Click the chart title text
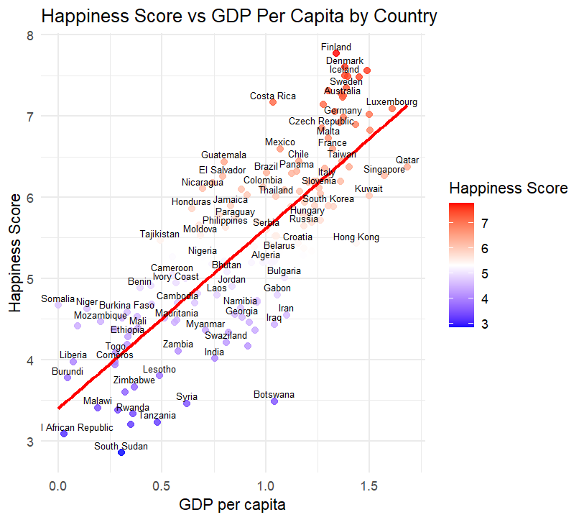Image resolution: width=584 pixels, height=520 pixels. coord(239,16)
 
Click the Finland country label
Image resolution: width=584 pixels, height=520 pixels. coord(336,47)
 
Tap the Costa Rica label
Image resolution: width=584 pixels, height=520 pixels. coord(273,96)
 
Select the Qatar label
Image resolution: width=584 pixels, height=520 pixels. coord(407,160)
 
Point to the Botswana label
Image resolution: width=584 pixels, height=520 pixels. coord(274,395)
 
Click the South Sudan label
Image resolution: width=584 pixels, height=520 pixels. coord(121,447)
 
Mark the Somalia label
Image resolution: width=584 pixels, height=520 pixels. coord(57,298)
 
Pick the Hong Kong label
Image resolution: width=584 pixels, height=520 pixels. coord(356,237)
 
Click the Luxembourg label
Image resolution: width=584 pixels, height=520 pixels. coord(391,102)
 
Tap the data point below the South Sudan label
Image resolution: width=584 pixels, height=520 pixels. coord(121,452)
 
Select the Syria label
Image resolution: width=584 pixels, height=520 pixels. coord(187,397)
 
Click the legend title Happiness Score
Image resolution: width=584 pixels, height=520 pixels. coord(509,188)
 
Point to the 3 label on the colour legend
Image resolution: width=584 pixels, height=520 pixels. coord(485,324)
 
